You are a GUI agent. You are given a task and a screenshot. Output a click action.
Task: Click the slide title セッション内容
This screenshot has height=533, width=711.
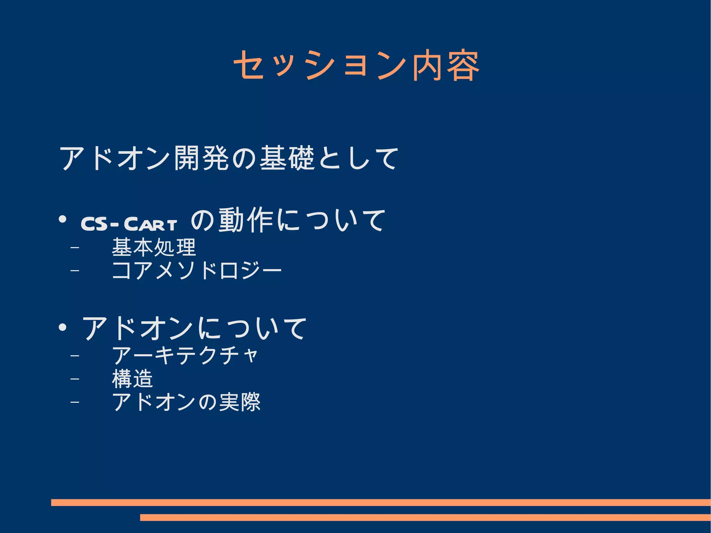click(357, 65)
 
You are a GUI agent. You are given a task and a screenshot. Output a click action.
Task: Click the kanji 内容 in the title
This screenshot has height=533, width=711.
click(445, 66)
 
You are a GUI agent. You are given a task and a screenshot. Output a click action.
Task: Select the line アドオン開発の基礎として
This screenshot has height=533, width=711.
click(229, 158)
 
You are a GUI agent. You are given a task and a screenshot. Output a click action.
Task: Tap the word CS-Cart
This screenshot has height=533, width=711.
click(129, 224)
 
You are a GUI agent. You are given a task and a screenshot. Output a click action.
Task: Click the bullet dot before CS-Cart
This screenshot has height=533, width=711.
click(62, 220)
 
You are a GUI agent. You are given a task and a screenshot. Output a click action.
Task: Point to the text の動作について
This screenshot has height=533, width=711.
click(288, 220)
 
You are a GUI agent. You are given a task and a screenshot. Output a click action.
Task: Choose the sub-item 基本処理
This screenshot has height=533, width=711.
click(154, 248)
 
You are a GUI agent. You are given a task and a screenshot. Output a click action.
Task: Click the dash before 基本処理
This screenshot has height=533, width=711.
click(74, 248)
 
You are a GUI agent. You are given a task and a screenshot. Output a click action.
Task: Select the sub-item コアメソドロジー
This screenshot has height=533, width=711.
click(196, 270)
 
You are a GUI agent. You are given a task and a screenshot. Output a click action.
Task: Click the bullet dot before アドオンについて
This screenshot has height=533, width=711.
click(62, 327)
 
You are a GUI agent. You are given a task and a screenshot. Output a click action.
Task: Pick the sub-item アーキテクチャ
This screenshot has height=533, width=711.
click(185, 356)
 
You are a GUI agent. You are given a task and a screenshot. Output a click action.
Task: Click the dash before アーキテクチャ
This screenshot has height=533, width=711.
click(74, 356)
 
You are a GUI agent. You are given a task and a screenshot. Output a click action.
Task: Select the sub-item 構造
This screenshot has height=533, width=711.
click(132, 378)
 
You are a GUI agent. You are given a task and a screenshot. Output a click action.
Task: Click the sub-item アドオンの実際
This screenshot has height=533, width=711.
click(186, 402)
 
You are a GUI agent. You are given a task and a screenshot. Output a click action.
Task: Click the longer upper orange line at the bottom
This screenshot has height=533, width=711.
click(380, 502)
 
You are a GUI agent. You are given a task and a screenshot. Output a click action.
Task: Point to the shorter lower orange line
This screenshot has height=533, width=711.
click(425, 517)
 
